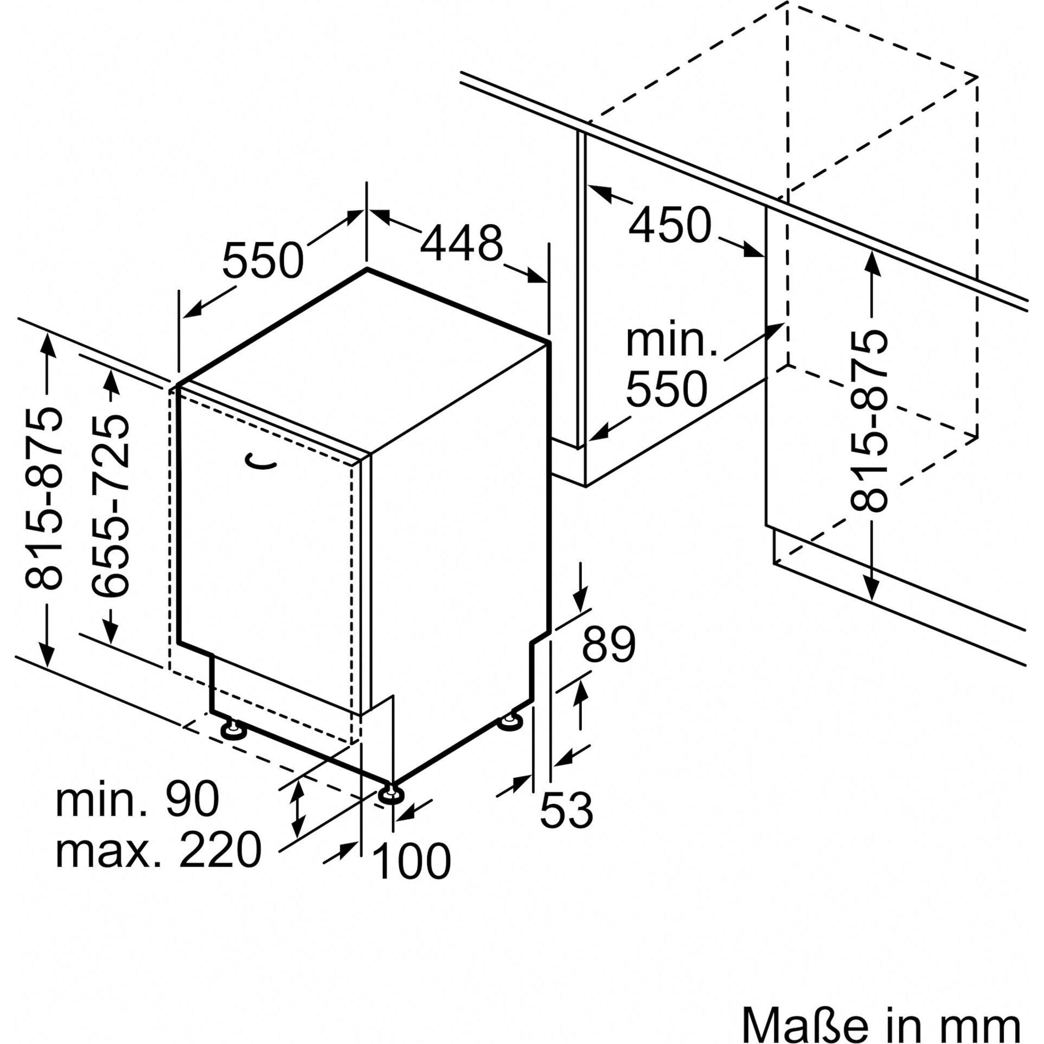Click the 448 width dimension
[x=461, y=244]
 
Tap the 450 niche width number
[x=669, y=225]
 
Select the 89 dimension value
[x=609, y=645]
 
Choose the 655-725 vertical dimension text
[x=111, y=506]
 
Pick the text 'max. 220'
[x=159, y=851]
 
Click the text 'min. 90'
[x=137, y=799]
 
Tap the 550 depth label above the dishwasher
[x=263, y=260]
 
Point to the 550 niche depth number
[x=666, y=388]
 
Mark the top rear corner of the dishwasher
[x=368, y=269]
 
